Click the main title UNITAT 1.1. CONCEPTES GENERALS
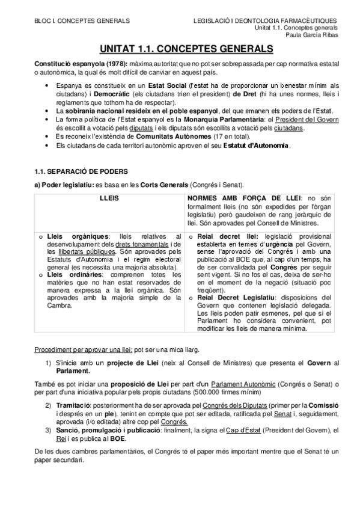pyautogui.click(x=180, y=48)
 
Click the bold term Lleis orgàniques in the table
pyautogui.click(x=70, y=236)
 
